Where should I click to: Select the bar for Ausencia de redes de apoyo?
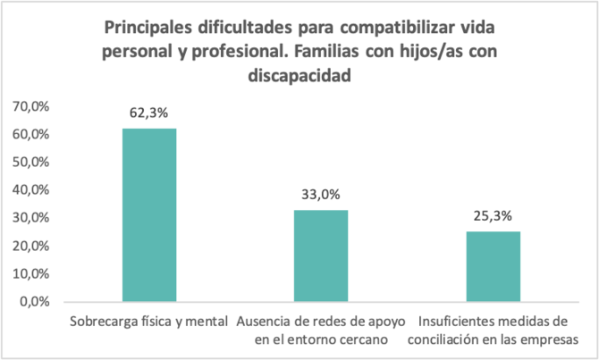[x=321, y=255]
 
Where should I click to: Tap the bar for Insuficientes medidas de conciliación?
[x=493, y=266]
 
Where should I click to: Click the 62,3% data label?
[x=149, y=113]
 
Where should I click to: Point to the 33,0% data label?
[x=321, y=195]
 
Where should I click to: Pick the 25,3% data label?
[x=493, y=216]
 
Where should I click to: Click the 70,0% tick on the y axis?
[x=34, y=106]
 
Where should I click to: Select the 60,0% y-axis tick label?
[x=34, y=134]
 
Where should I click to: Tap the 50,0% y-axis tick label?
[x=34, y=162]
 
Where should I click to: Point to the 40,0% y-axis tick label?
[x=34, y=189]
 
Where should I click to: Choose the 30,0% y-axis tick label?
[x=34, y=218]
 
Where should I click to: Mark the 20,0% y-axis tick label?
[x=34, y=246]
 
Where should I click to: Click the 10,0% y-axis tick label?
[x=34, y=273]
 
